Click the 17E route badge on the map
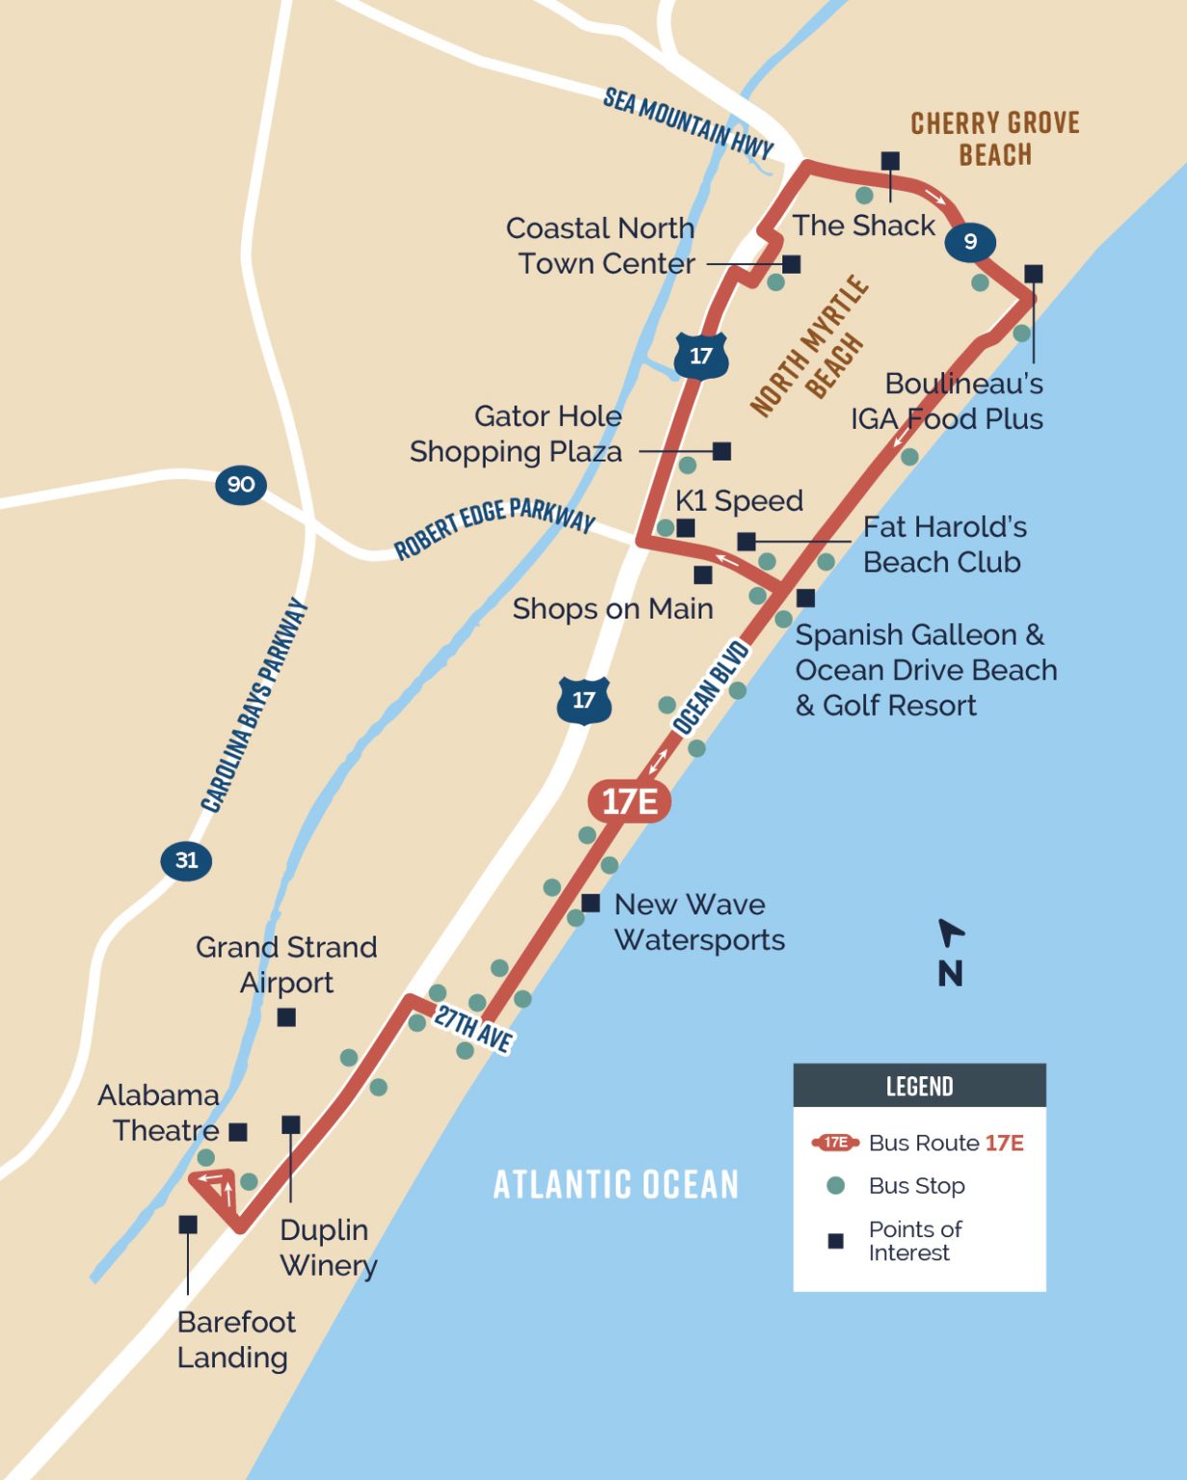[629, 801]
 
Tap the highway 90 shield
[241, 484]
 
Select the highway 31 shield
[186, 859]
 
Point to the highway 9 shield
[969, 241]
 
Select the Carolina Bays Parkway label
[254, 705]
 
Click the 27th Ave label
[473, 1029]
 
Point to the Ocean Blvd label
[711, 687]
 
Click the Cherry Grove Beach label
[995, 139]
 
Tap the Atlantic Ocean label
[616, 1184]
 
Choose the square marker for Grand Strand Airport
[286, 1017]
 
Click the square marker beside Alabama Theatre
[238, 1131]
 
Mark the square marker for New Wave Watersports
[591, 903]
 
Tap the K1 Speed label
[739, 501]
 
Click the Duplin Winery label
[328, 1247]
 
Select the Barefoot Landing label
[235, 1339]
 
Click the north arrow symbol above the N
[950, 933]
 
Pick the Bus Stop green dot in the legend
[836, 1186]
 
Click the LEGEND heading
[919, 1087]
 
